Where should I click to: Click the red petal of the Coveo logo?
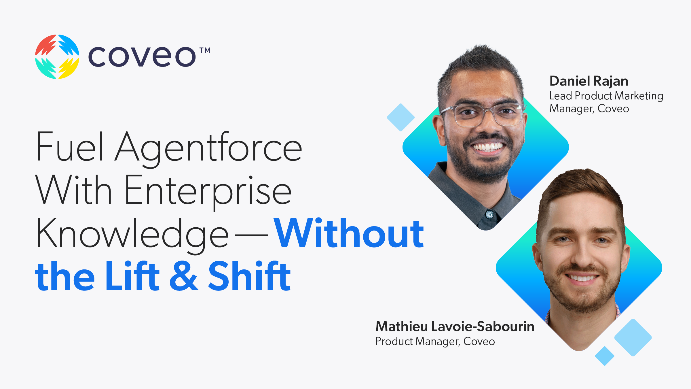tap(45, 45)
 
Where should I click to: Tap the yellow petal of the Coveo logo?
tap(69, 68)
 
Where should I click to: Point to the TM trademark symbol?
tap(205, 51)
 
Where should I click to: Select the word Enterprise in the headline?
tap(208, 191)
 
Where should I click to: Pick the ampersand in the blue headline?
tap(184, 276)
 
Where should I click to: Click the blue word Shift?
tap(249, 276)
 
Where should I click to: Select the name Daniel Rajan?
tap(589, 81)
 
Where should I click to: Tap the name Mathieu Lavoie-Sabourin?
tap(455, 326)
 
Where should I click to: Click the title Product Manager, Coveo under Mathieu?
tap(435, 341)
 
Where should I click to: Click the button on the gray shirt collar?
tap(490, 214)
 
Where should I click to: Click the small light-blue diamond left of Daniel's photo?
tap(400, 118)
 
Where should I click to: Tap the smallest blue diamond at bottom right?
tap(605, 356)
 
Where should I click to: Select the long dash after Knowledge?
tap(251, 235)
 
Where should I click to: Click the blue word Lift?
tap(132, 276)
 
